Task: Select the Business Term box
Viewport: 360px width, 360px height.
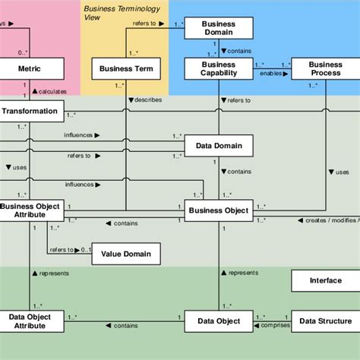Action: (126, 70)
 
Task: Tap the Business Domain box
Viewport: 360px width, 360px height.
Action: (219, 29)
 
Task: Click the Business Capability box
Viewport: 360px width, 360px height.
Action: (219, 70)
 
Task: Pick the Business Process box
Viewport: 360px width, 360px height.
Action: (325, 70)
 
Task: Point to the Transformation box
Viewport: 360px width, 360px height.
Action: (30, 111)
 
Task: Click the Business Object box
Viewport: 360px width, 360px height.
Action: (219, 210)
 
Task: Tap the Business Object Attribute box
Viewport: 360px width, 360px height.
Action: (30, 210)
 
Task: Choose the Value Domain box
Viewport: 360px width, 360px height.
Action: (126, 254)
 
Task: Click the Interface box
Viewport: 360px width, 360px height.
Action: (325, 280)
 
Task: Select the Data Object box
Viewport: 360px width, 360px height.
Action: (219, 321)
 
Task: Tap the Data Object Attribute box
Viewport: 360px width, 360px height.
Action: (30, 321)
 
